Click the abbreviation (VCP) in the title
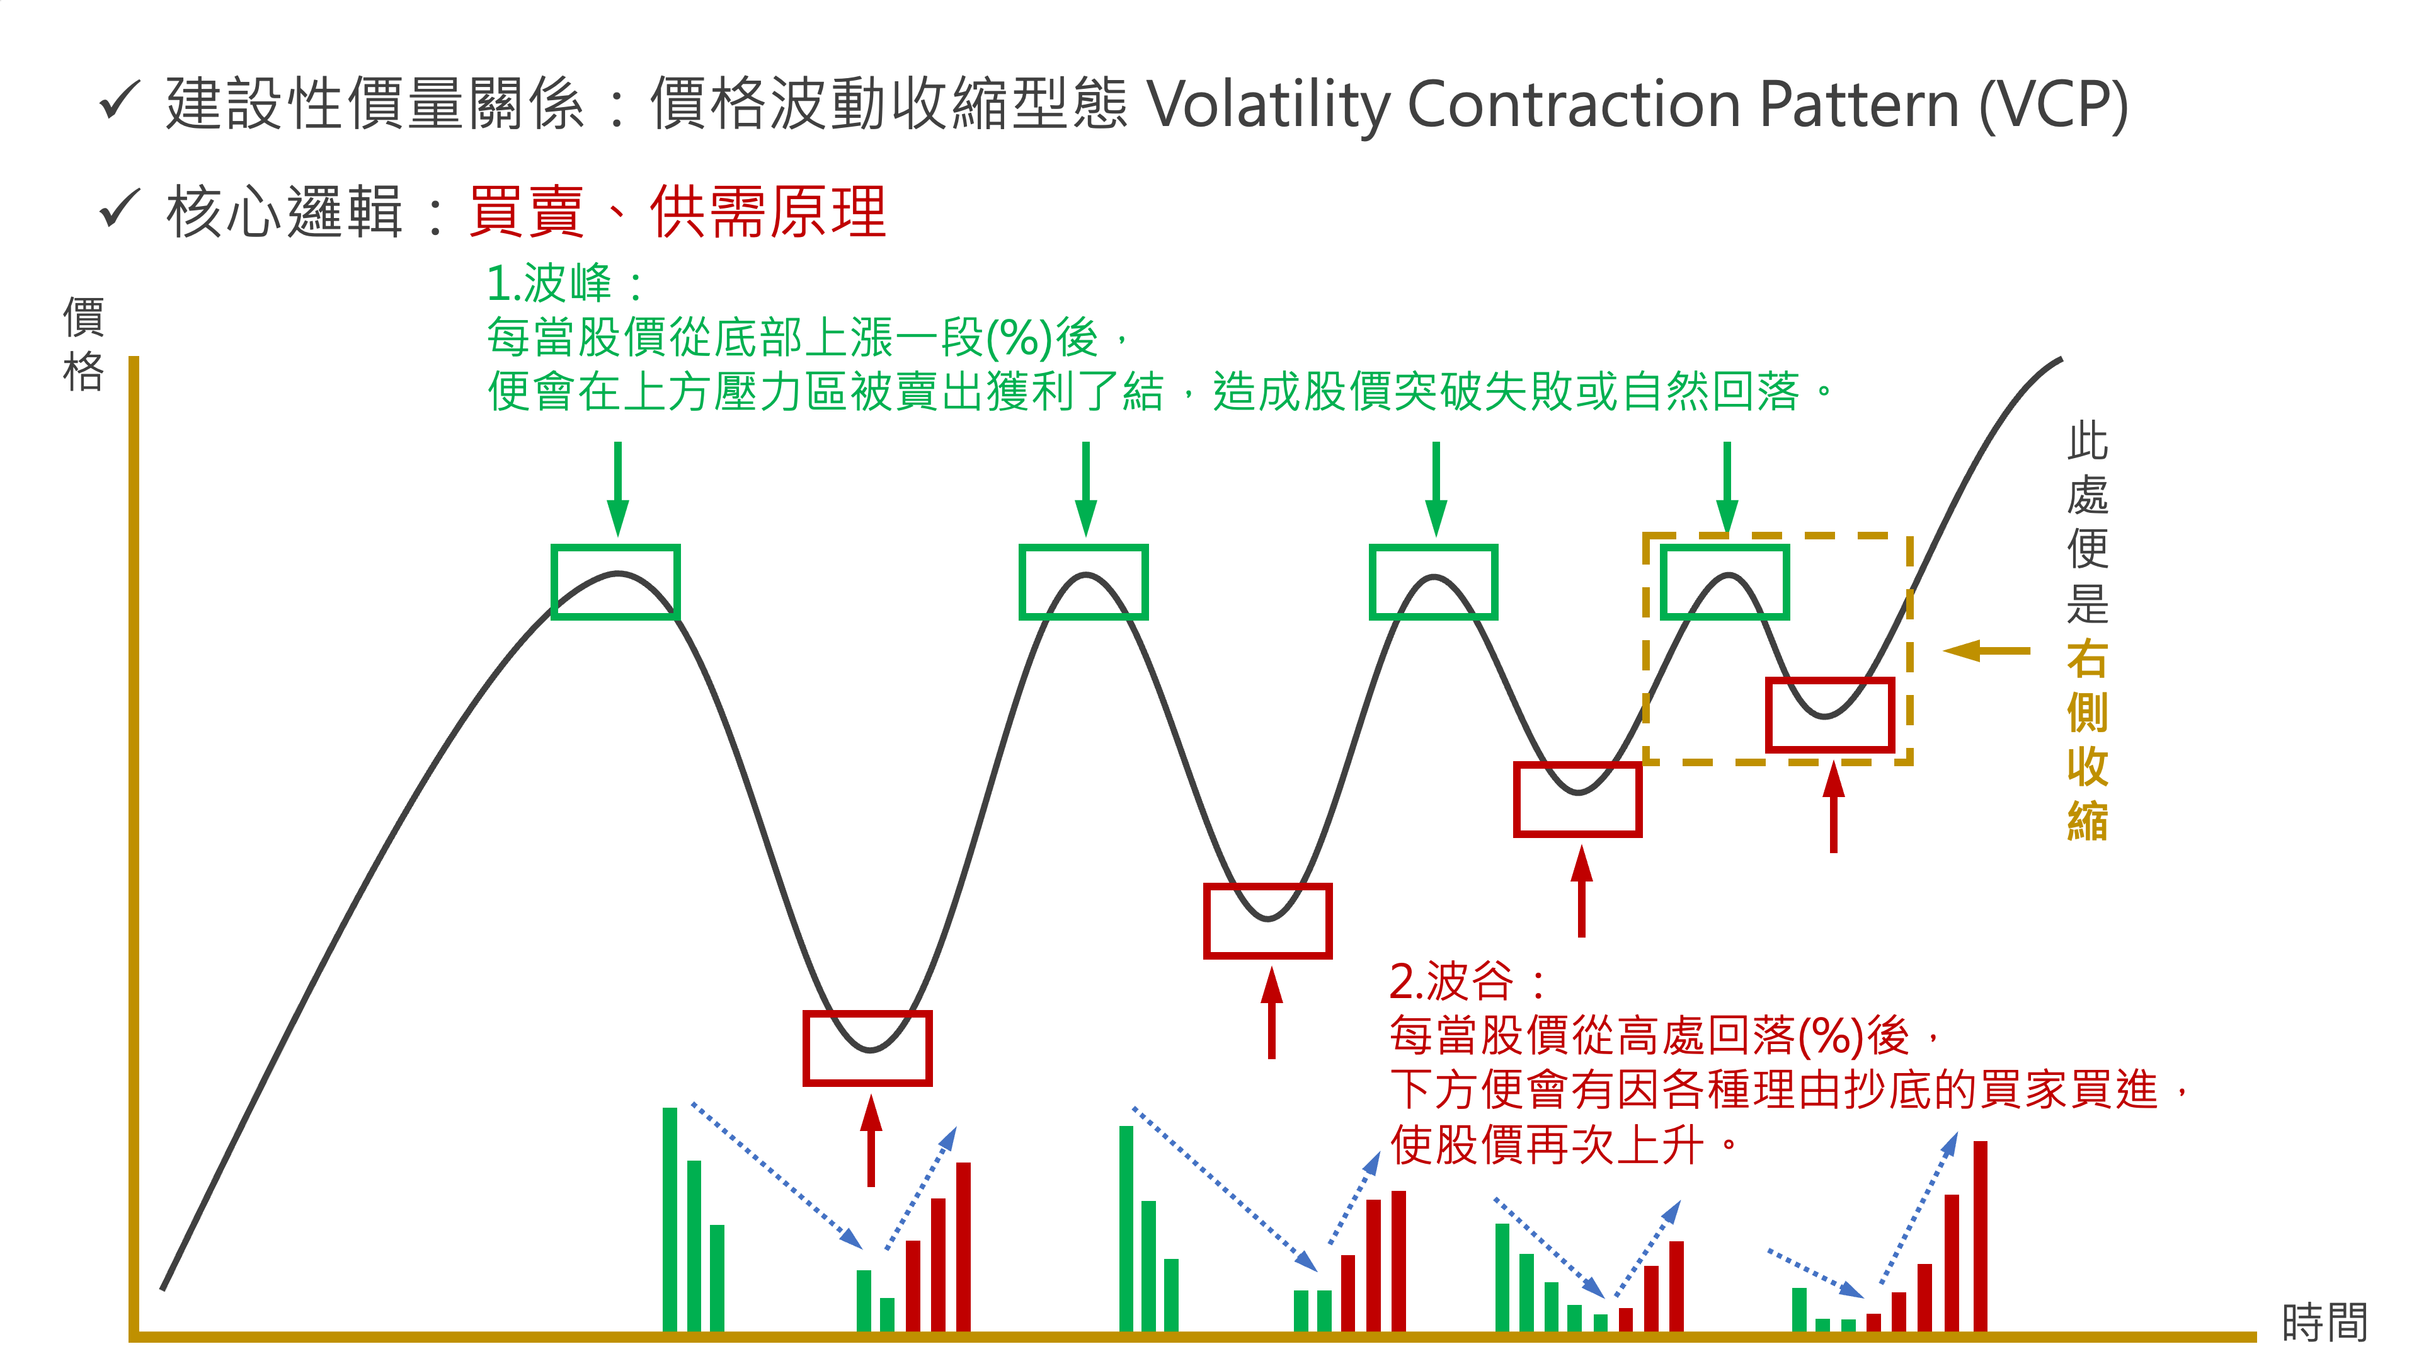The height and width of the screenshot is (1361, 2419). [x=2054, y=103]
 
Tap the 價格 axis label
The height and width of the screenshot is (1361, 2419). [x=84, y=344]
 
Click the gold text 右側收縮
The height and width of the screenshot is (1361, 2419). [x=2088, y=740]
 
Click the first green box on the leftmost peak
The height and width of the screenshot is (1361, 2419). [x=615, y=582]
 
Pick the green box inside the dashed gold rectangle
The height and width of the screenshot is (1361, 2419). [x=1725, y=582]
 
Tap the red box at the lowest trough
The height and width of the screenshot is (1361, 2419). [x=867, y=1048]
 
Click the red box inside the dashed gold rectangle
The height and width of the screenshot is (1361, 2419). [x=1830, y=715]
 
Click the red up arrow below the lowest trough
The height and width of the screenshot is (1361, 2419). [x=871, y=1140]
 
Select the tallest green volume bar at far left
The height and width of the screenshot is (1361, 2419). [x=670, y=1219]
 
